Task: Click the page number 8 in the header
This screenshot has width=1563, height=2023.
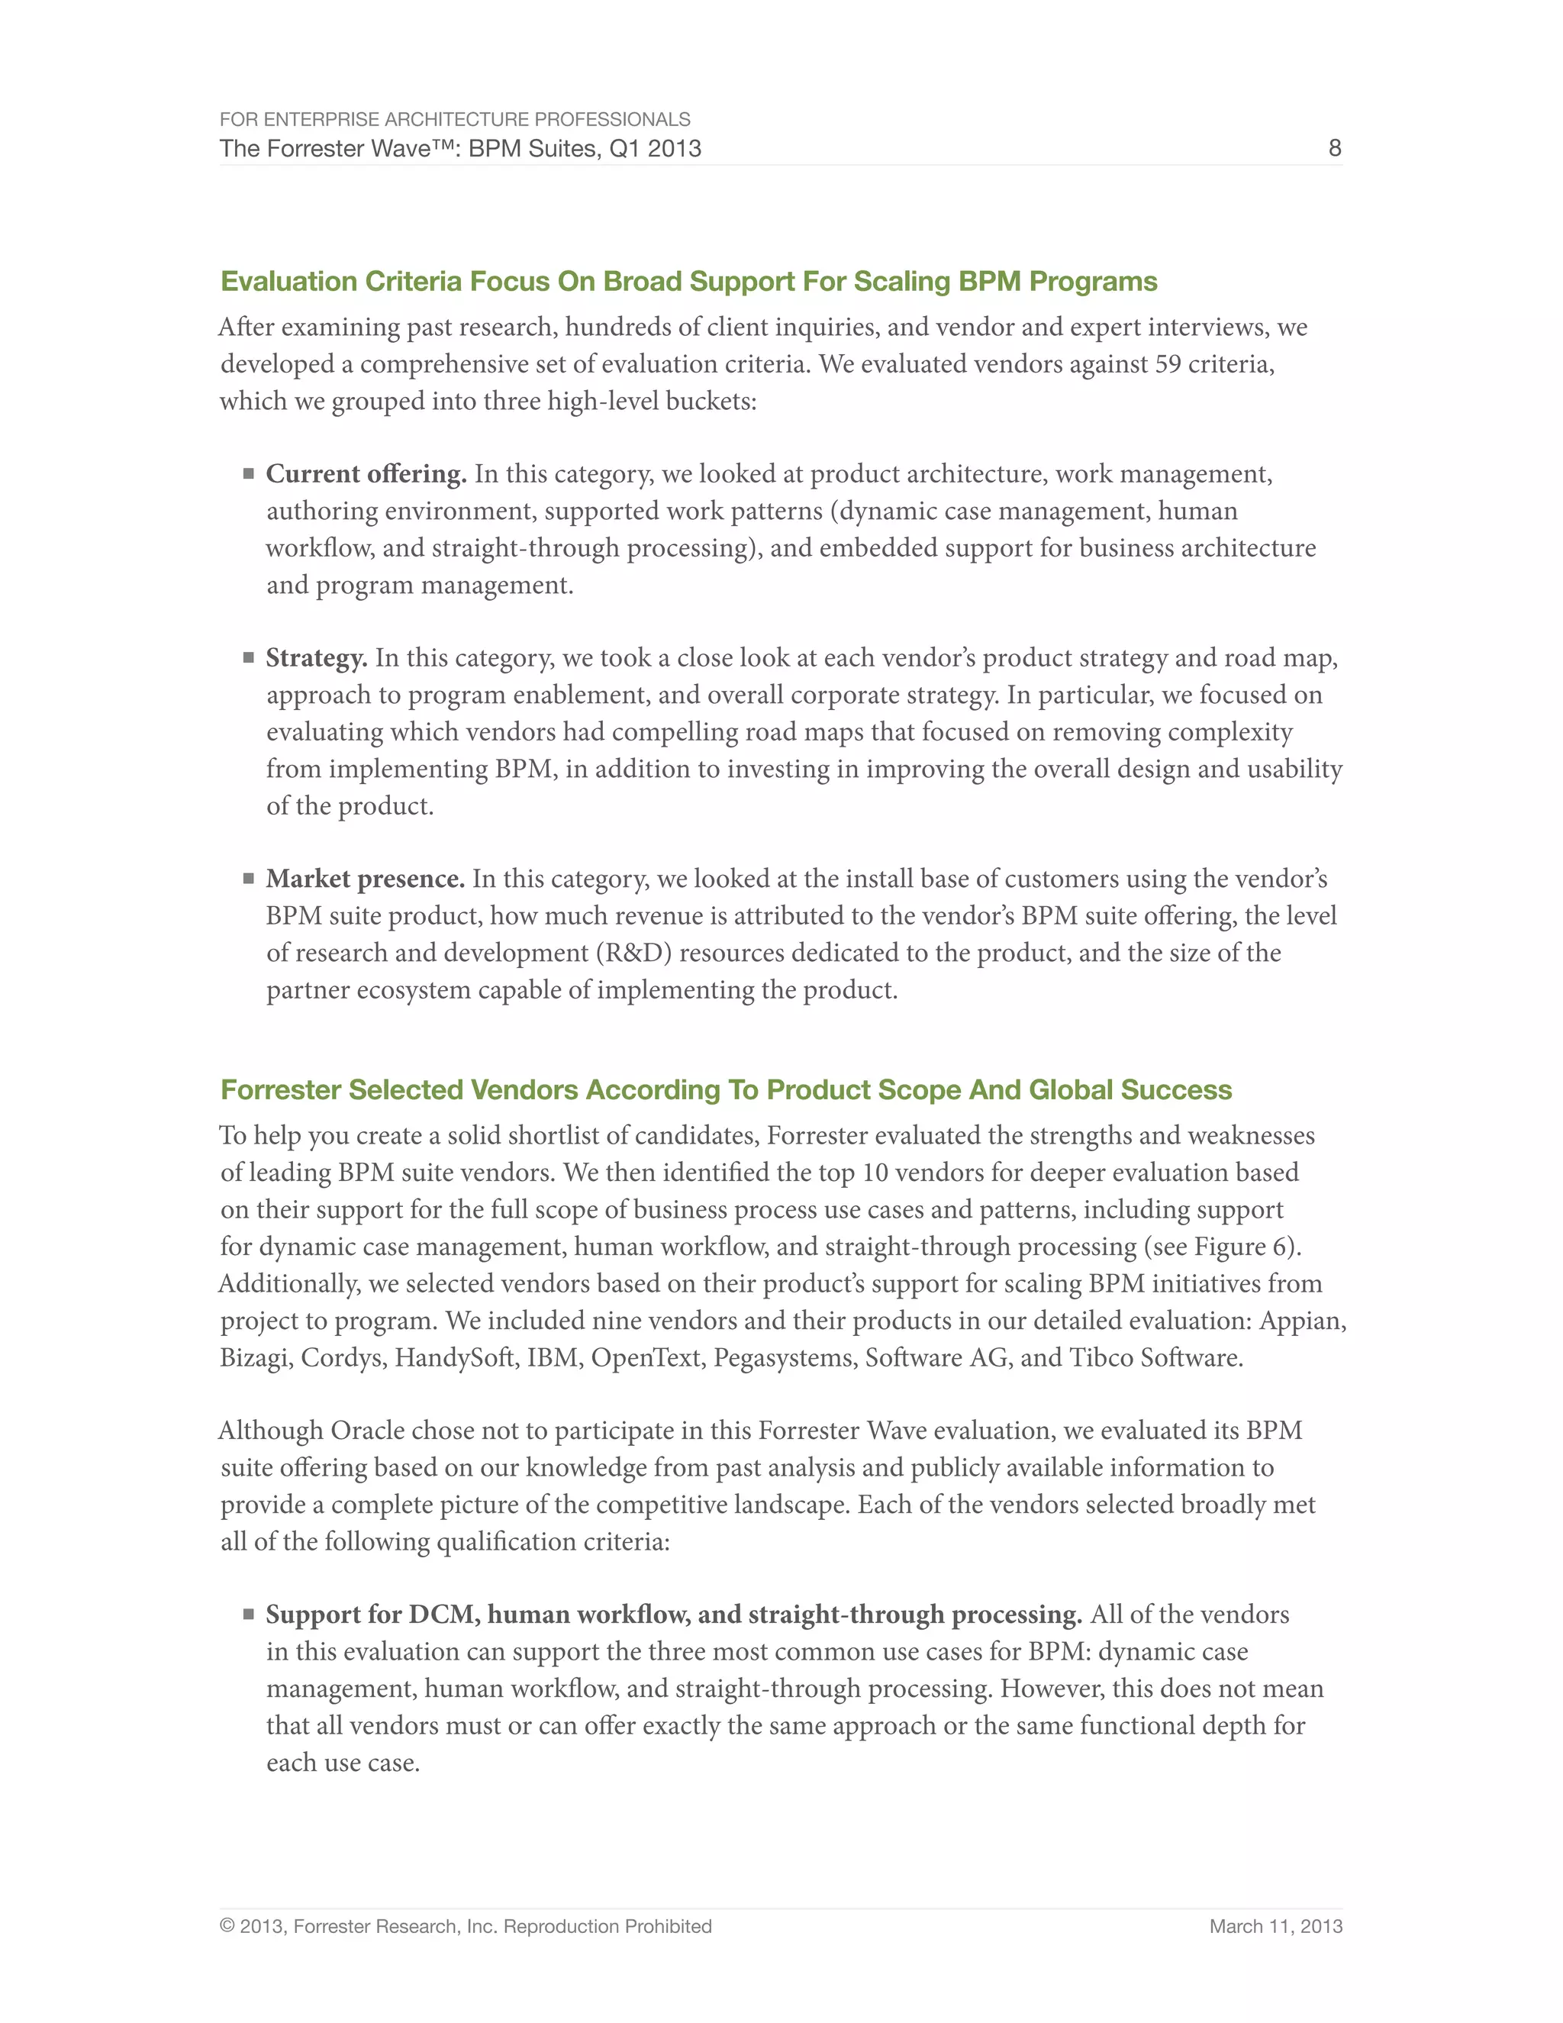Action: [1334, 148]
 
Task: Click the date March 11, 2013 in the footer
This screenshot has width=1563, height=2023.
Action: [1275, 1926]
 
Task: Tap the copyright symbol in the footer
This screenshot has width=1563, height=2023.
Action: [227, 1926]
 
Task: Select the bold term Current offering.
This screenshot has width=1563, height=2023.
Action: [366, 474]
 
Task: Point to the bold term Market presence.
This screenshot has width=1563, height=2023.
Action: [365, 878]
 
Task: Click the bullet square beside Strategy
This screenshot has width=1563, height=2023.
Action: [248, 657]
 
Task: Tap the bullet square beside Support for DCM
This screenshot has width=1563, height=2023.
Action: [248, 1614]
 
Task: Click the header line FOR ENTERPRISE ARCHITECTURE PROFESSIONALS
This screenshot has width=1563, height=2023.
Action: [455, 120]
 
